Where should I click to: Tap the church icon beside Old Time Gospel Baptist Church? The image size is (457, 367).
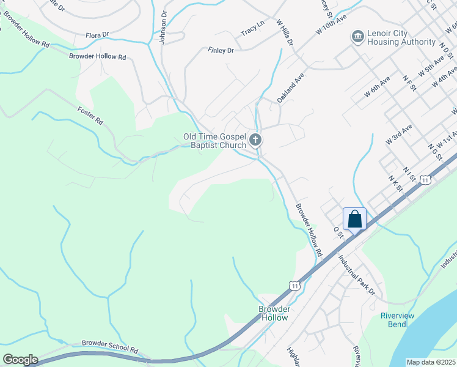pos(255,141)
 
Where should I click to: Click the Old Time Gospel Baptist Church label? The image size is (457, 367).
pos(214,141)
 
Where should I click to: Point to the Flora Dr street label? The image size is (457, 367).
pos(97,35)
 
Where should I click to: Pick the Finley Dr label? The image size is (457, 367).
pos(221,50)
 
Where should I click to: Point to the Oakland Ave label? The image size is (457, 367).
pos(290,88)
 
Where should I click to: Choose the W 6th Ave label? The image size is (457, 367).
pos(377,88)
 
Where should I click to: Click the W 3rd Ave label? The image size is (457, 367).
pos(399,133)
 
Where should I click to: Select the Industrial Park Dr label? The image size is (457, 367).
pos(357,275)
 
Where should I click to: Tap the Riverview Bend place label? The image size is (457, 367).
pos(397,319)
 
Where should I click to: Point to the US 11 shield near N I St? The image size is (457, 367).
pos(426,179)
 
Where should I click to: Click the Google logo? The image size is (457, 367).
pos(20,360)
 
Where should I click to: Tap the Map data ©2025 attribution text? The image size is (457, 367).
pos(431,362)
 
